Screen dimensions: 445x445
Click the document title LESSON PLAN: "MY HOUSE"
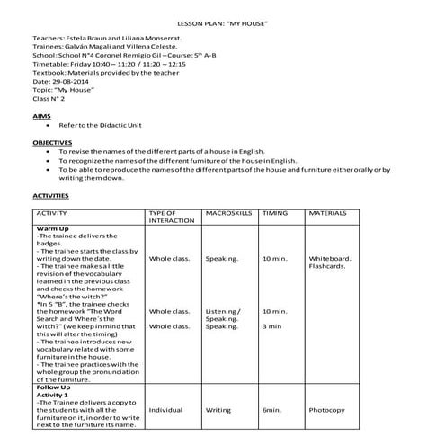[222, 22]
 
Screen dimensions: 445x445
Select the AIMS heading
[41, 117]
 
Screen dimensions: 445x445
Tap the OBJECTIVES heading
[53, 142]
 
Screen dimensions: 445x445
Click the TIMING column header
[274, 214]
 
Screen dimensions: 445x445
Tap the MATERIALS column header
[329, 214]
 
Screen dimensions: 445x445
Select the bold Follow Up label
[54, 387]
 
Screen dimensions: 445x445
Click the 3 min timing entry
[271, 326]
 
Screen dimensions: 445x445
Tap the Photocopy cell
[327, 410]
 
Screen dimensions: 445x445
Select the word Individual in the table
[166, 410]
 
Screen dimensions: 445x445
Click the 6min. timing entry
[272, 410]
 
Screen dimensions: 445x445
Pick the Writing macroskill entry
[218, 410]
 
